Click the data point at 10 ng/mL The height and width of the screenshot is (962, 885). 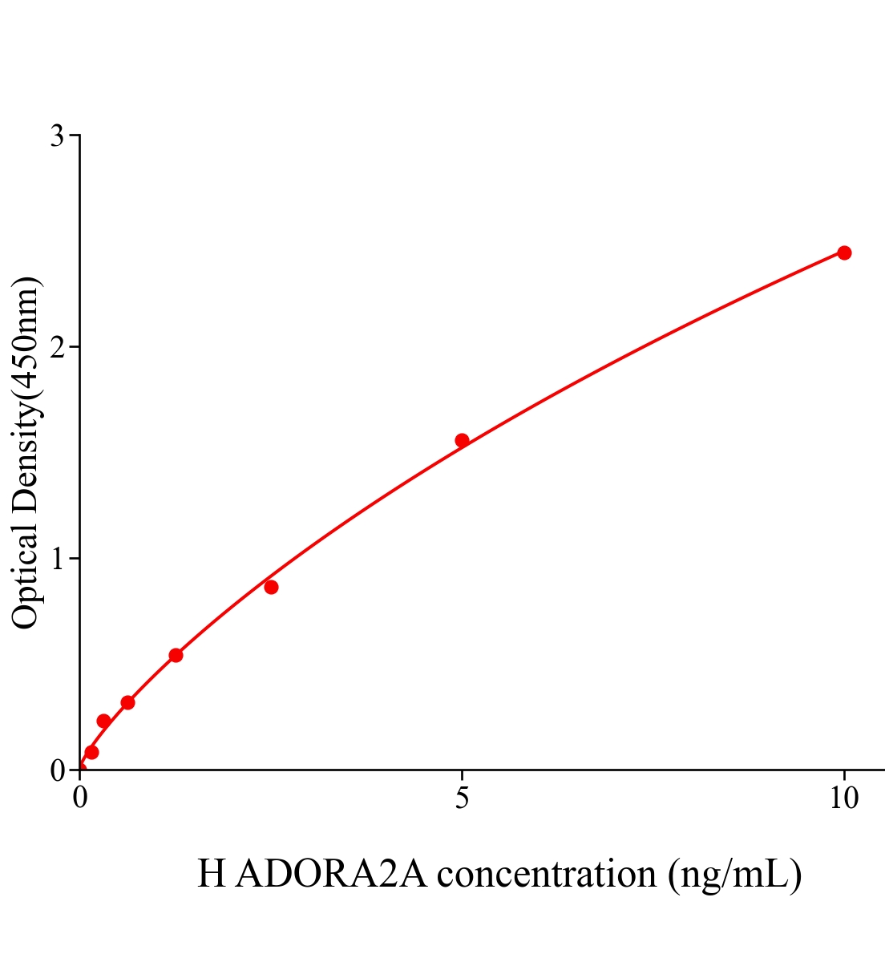click(x=844, y=253)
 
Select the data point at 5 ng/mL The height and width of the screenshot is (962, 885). click(x=462, y=440)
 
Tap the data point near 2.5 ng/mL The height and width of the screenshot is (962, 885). click(x=271, y=587)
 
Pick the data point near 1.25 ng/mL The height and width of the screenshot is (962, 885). click(x=176, y=655)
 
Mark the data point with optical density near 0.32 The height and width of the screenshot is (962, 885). click(x=127, y=702)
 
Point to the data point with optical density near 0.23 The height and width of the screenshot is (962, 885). click(x=103, y=721)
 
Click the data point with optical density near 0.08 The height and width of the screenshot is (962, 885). click(x=91, y=752)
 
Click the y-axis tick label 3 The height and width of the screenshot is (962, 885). click(x=57, y=136)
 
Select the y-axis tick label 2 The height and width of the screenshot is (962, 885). click(x=57, y=347)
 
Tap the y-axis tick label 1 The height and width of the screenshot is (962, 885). click(x=57, y=558)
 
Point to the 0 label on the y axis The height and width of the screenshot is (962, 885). click(x=57, y=770)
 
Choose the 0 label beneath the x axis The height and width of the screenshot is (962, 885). click(x=80, y=798)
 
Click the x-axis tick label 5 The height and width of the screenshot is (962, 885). click(x=462, y=798)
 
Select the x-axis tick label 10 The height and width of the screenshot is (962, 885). click(x=843, y=798)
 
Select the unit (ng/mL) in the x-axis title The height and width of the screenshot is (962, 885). click(x=734, y=874)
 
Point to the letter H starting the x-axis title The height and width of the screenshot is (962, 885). click(x=211, y=874)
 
